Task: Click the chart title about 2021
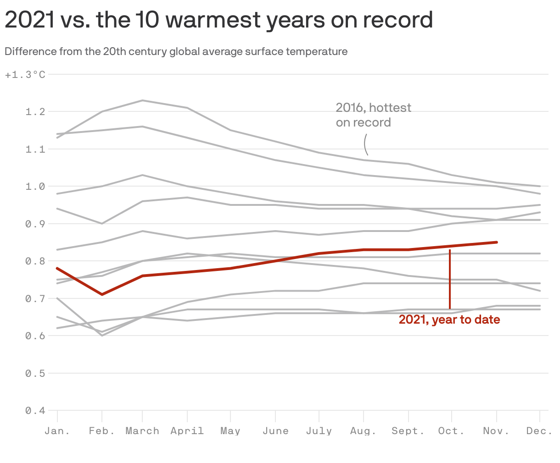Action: pos(218,20)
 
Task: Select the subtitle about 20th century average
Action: pos(176,51)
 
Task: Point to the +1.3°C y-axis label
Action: pos(25,74)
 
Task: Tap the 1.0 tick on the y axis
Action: pos(35,187)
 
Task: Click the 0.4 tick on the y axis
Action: pos(35,411)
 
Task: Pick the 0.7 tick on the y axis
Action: pos(35,299)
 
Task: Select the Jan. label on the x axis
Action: pos(57,431)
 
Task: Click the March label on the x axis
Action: pos(142,431)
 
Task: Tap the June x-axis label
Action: pos(275,431)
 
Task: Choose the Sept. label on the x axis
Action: pos(408,431)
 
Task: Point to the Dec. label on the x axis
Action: pos(539,431)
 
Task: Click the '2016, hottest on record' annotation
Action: pos(373,115)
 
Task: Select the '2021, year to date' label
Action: pos(449,320)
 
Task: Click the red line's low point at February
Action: pos(102,294)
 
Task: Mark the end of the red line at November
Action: pos(497,242)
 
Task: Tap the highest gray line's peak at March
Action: pos(142,100)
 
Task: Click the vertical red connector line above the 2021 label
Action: pos(450,280)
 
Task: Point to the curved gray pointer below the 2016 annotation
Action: pos(365,144)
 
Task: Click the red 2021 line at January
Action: pos(57,268)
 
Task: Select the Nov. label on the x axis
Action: pos(496,431)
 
